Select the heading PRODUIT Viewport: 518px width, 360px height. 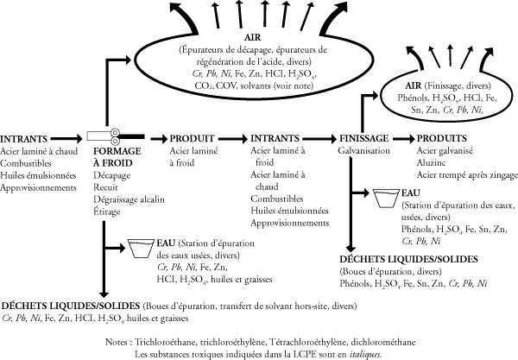pyautogui.click(x=193, y=137)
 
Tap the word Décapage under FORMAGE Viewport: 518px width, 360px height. pyautogui.click(x=111, y=174)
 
